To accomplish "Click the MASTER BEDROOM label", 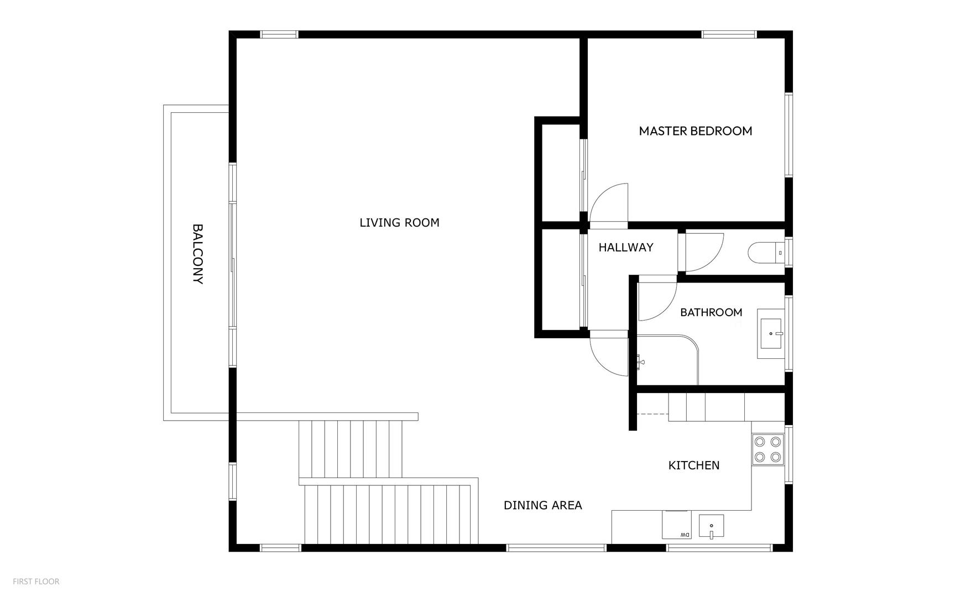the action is (695, 131).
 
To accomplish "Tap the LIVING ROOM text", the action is (399, 223).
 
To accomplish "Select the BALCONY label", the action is (197, 254).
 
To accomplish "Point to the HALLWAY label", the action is (626, 248).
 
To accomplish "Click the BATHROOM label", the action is (711, 312).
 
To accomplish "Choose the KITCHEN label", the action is (694, 465).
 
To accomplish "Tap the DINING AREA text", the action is (542, 505).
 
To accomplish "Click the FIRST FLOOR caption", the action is (36, 582).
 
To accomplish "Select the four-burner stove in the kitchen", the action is (768, 449).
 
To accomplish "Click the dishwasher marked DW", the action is (676, 525).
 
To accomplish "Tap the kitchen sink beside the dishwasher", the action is (712, 526).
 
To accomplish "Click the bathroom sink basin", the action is (771, 334).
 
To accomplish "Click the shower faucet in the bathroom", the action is (640, 362).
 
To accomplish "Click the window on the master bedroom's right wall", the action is (789, 135).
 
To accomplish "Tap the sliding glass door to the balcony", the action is (233, 265).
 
